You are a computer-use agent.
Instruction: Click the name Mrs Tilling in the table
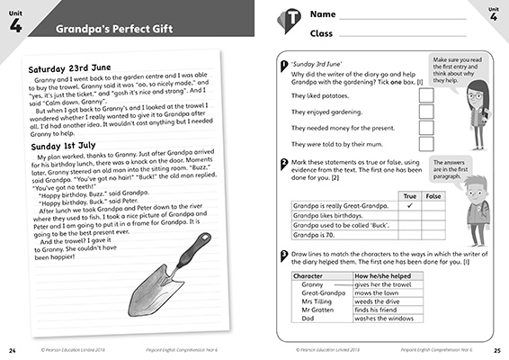318,301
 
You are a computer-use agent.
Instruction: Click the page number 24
13,349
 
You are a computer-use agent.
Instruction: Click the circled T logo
289,22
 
